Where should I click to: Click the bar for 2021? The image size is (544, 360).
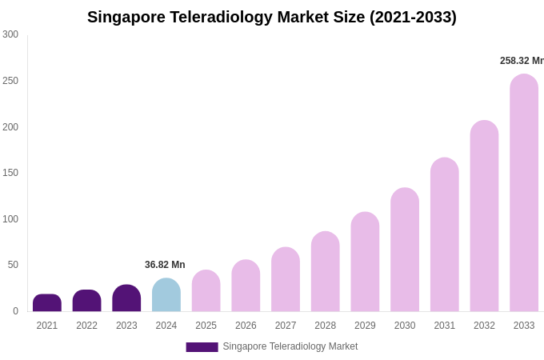(47, 303)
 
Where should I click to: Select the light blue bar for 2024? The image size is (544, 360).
(166, 295)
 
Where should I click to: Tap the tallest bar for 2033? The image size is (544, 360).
(524, 193)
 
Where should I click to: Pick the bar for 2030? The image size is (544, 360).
(405, 250)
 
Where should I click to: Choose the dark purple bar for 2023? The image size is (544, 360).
(126, 298)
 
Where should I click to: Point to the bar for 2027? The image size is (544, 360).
(286, 279)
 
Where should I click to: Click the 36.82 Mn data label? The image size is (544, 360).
(165, 265)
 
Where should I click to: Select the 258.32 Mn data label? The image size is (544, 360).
(521, 61)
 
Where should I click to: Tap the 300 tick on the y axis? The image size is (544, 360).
(10, 34)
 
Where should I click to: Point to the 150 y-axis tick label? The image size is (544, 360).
(10, 173)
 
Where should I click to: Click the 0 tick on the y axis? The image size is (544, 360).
(15, 311)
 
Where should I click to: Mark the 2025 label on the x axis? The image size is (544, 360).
(206, 326)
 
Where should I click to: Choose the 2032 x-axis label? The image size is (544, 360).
(484, 326)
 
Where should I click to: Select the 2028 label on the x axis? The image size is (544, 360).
(325, 326)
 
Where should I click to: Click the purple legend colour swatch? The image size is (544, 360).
(202, 347)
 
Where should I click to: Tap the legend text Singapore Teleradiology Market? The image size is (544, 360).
(290, 346)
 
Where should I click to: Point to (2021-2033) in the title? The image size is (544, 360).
(413, 17)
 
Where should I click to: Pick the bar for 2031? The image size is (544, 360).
(445, 234)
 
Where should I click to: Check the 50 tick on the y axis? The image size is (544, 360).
(13, 265)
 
